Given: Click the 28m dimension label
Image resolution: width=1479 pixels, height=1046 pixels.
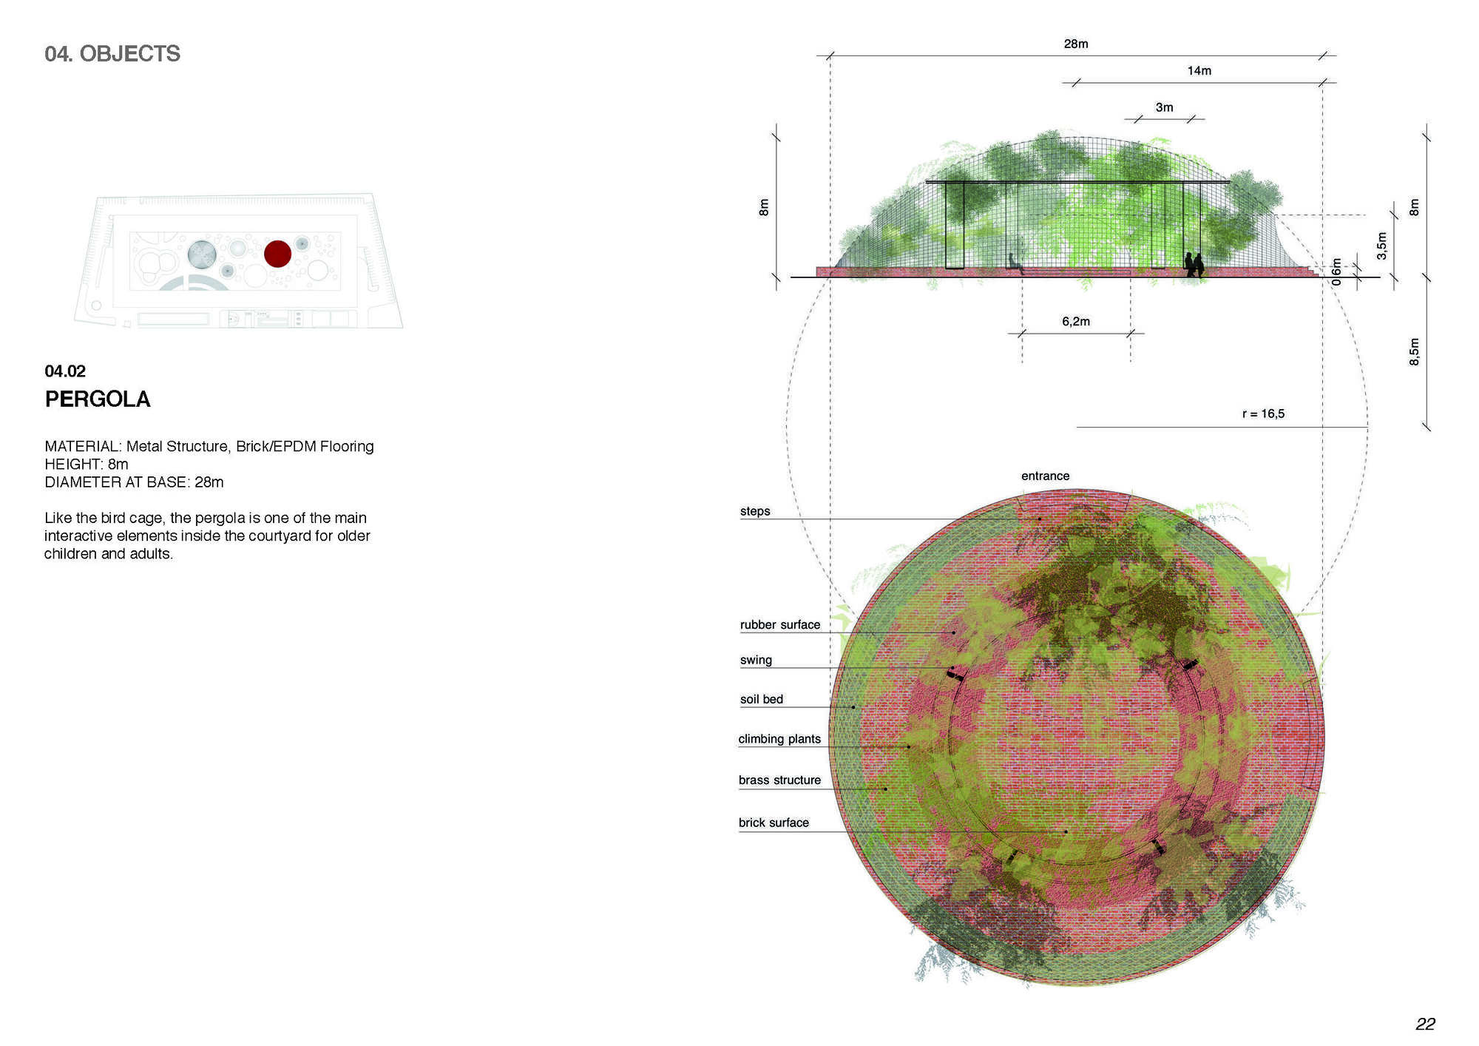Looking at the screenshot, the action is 1076,44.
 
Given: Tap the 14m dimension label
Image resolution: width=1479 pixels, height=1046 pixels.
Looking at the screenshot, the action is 1199,71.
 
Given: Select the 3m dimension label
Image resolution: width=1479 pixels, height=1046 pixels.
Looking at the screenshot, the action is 1165,108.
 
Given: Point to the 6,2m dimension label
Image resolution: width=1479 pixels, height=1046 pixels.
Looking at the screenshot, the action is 1076,322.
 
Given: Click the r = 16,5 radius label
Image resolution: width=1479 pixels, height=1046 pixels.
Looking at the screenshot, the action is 1263,414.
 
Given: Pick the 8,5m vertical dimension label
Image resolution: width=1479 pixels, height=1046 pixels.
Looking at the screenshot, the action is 1415,352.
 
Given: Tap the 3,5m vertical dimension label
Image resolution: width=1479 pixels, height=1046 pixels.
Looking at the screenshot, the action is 1381,246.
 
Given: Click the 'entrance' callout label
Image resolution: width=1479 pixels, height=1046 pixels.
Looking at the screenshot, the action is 1046,476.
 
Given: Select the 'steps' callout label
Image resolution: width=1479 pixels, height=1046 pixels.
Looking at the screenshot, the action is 755,512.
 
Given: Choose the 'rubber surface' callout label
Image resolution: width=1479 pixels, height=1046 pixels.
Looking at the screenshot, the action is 780,625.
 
